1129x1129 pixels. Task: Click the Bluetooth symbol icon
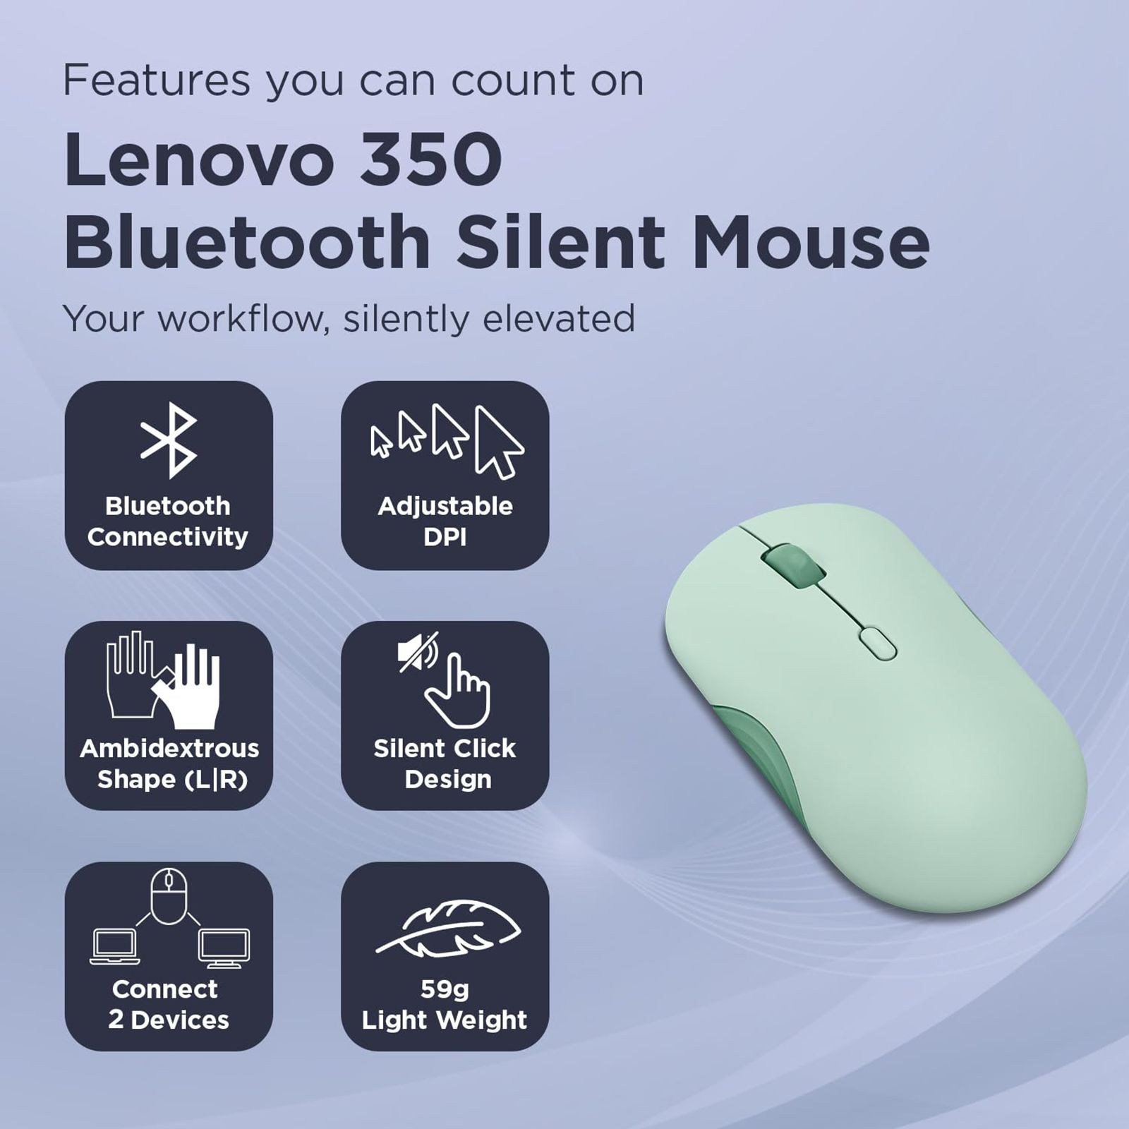click(169, 440)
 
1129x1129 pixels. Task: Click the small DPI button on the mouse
click(878, 644)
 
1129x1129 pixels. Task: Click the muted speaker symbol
click(417, 651)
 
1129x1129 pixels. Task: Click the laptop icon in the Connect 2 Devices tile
click(114, 946)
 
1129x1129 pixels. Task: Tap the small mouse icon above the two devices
click(169, 896)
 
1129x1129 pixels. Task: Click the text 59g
click(445, 989)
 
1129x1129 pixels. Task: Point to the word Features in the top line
click(157, 80)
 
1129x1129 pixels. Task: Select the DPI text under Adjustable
click(445, 537)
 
